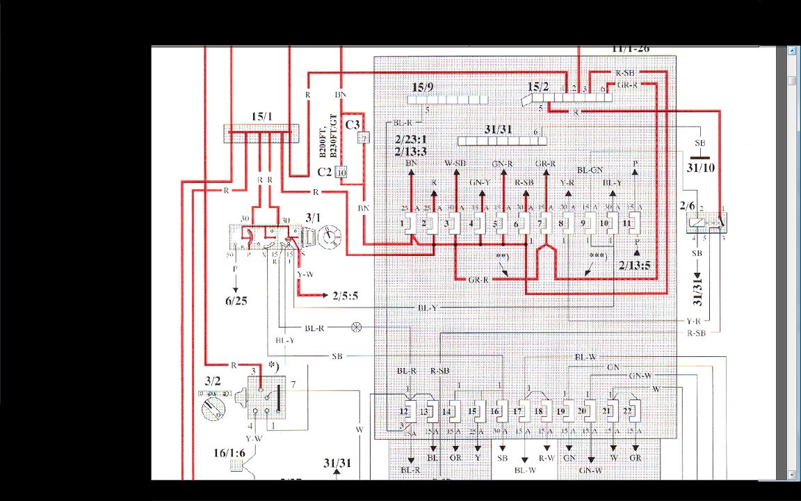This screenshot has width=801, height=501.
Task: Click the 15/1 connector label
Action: click(262, 116)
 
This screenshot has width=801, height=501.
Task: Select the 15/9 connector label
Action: click(422, 87)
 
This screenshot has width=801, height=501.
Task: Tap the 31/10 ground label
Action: click(700, 168)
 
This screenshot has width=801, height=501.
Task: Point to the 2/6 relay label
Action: click(687, 206)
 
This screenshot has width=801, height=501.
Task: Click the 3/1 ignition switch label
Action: click(313, 218)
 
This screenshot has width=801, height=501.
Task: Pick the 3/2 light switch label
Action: click(212, 381)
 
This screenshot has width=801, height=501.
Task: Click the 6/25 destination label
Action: click(236, 301)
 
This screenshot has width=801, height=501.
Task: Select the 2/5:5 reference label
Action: click(345, 296)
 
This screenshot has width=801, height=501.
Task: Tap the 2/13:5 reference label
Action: click(634, 265)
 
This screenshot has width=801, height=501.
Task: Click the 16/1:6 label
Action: click(229, 453)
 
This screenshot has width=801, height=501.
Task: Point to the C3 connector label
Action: click(353, 125)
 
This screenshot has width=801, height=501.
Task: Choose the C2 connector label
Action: click(325, 172)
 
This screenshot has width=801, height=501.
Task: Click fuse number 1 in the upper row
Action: click(402, 223)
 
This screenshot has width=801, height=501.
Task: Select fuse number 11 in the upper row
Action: click(627, 223)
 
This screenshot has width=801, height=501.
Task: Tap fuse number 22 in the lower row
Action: click(628, 411)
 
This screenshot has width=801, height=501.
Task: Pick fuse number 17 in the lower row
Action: click(518, 411)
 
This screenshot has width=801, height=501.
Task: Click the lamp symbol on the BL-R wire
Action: click(357, 327)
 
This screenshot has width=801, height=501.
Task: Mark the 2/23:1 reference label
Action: click(410, 140)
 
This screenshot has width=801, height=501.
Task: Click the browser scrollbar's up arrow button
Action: click(792, 51)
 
